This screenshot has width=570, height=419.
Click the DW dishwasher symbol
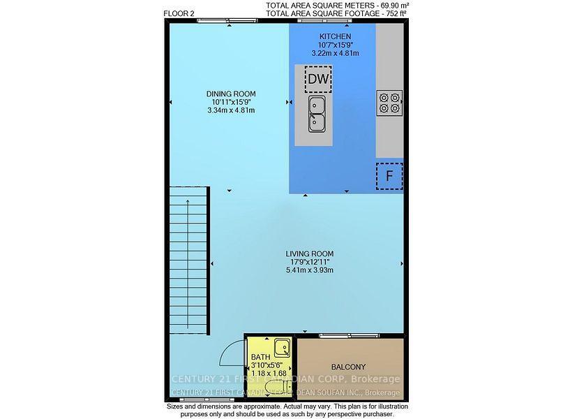tap(317, 80)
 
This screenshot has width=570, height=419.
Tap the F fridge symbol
tap(389, 175)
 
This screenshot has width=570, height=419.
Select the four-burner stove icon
tap(389, 103)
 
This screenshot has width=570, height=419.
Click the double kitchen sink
tap(317, 114)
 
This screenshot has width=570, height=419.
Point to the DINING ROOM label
tap(230, 94)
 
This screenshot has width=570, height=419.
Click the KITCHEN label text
tap(335, 37)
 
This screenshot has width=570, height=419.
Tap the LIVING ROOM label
tap(309, 253)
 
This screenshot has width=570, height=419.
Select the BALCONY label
tap(349, 367)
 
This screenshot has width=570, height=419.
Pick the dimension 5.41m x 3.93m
tap(309, 270)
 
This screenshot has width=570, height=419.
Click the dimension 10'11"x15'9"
tap(230, 102)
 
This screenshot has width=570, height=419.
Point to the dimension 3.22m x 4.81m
tap(335, 53)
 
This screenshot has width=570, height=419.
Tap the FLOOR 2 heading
tap(179, 13)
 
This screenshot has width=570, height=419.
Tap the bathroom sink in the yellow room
tap(281, 347)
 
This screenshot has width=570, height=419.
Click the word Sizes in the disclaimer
tap(178, 406)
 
